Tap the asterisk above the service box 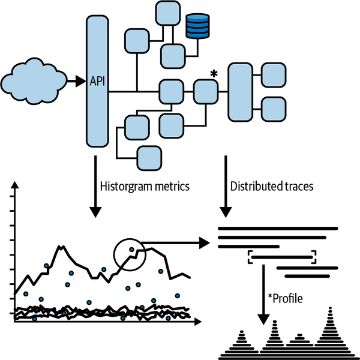point(213,74)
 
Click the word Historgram point(123,186)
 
